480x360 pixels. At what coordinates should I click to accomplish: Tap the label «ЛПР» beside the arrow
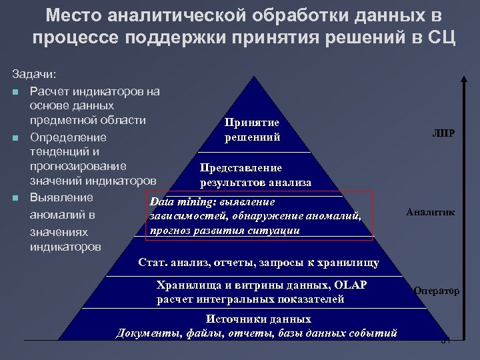pos(443,133)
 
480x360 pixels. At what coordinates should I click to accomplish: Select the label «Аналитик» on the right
pos(431,212)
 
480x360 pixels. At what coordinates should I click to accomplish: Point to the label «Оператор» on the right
pos(436,291)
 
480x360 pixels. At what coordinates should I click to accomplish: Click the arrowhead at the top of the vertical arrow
pos(464,75)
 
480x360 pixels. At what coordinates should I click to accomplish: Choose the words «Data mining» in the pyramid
pos(175,201)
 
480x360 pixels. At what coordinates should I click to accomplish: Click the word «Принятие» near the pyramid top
pos(252,123)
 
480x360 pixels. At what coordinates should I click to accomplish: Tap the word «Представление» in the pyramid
pos(241,168)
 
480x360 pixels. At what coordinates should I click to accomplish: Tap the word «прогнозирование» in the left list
pos(78,166)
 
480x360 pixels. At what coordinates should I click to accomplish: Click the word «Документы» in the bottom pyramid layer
pos(145,333)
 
